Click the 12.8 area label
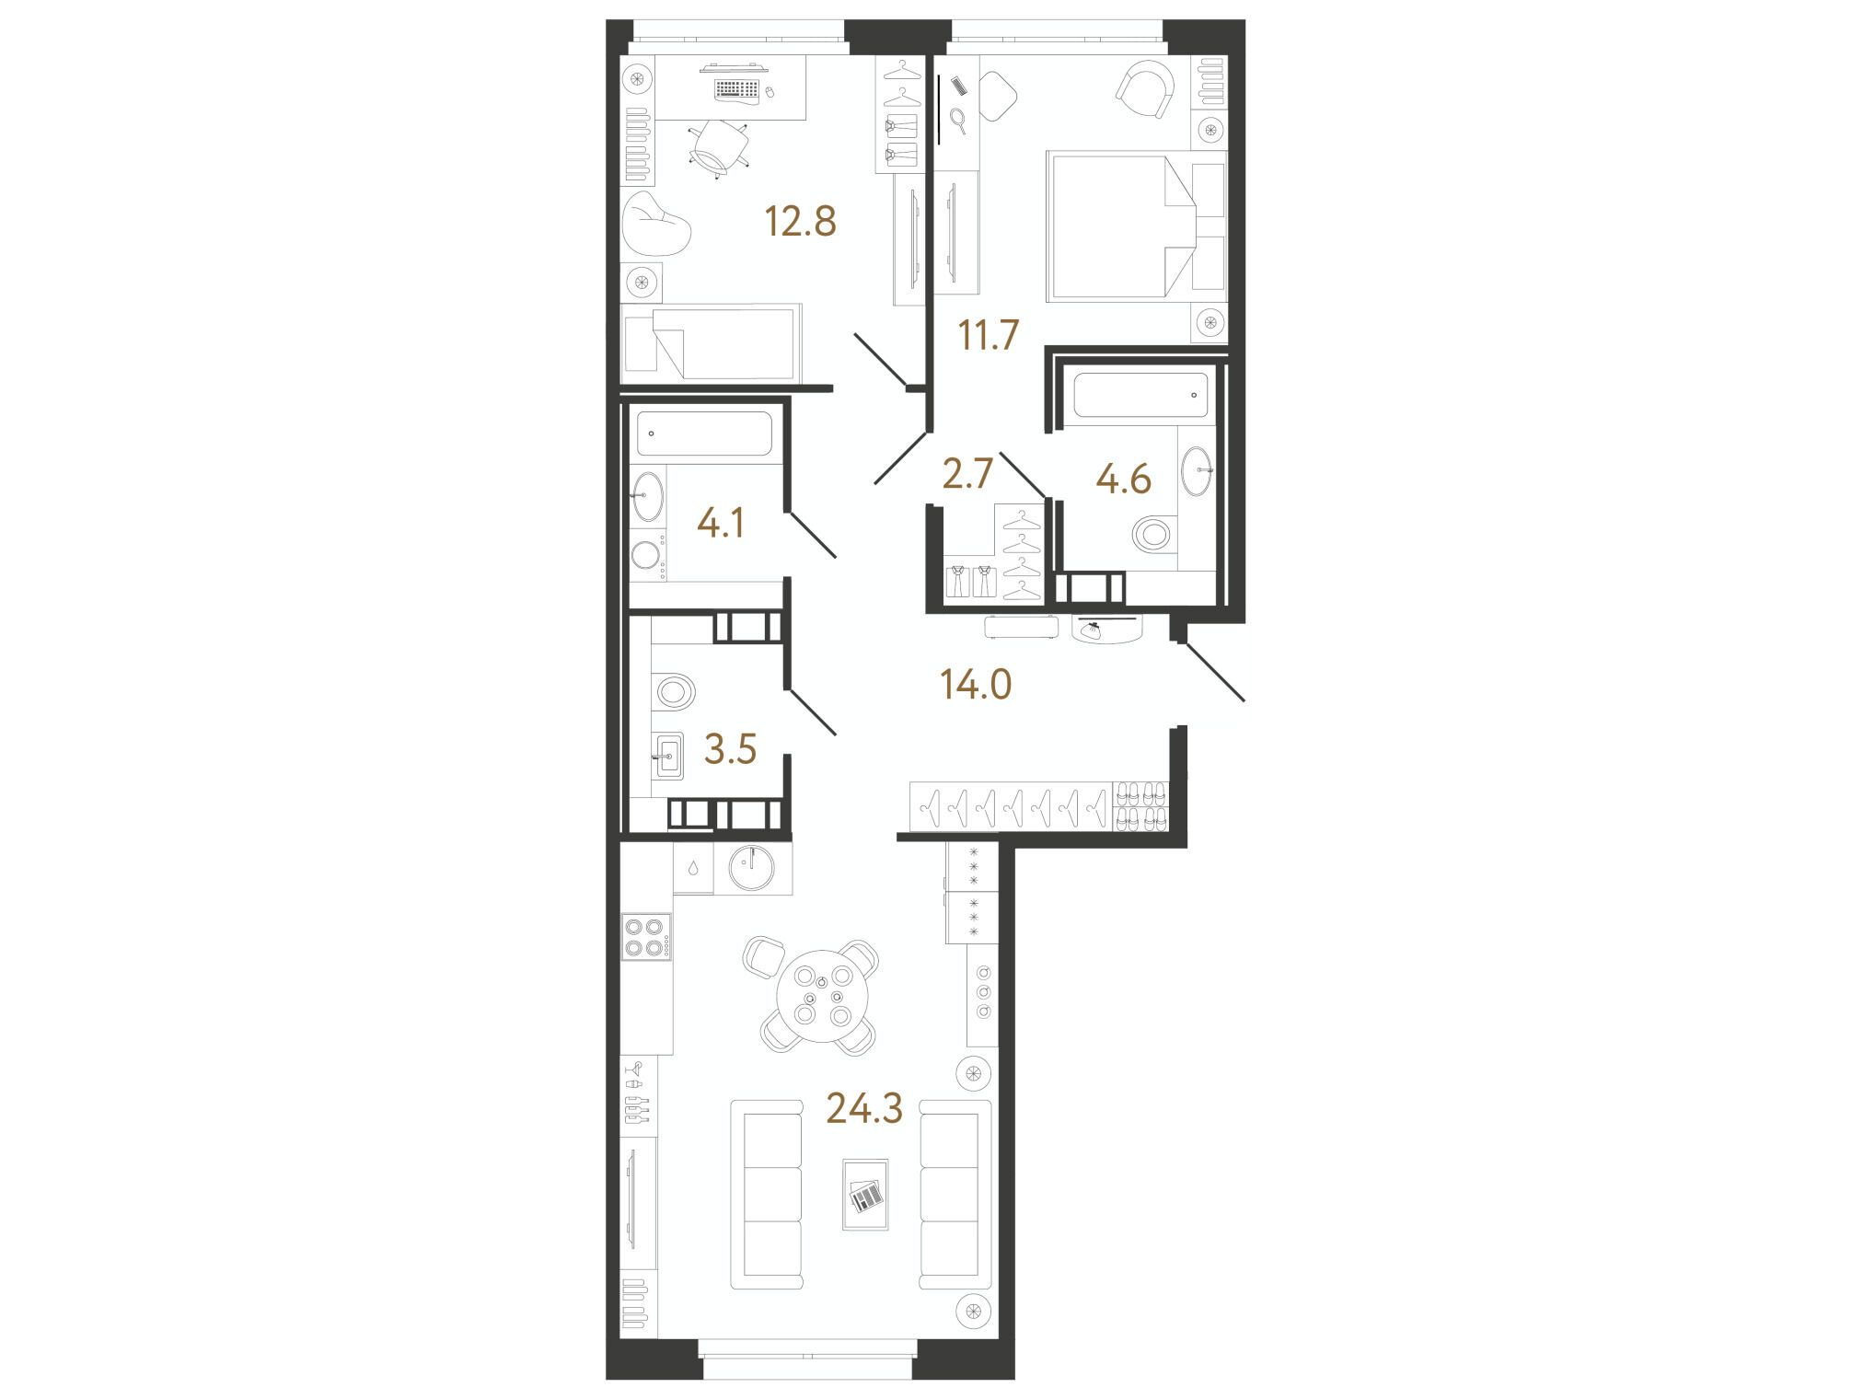tap(801, 222)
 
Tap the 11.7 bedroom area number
tap(989, 335)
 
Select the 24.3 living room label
tap(864, 1109)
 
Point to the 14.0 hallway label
tap(976, 685)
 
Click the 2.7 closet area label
tap(967, 475)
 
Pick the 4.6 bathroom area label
tap(1124, 479)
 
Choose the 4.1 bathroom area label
tap(721, 524)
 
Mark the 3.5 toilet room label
tap(730, 750)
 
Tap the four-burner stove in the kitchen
tap(646, 938)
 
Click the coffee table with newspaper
tap(865, 1194)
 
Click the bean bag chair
tap(656, 224)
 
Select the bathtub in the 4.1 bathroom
tap(705, 434)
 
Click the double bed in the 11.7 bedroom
tap(1136, 227)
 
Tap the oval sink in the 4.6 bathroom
tap(1197, 471)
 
